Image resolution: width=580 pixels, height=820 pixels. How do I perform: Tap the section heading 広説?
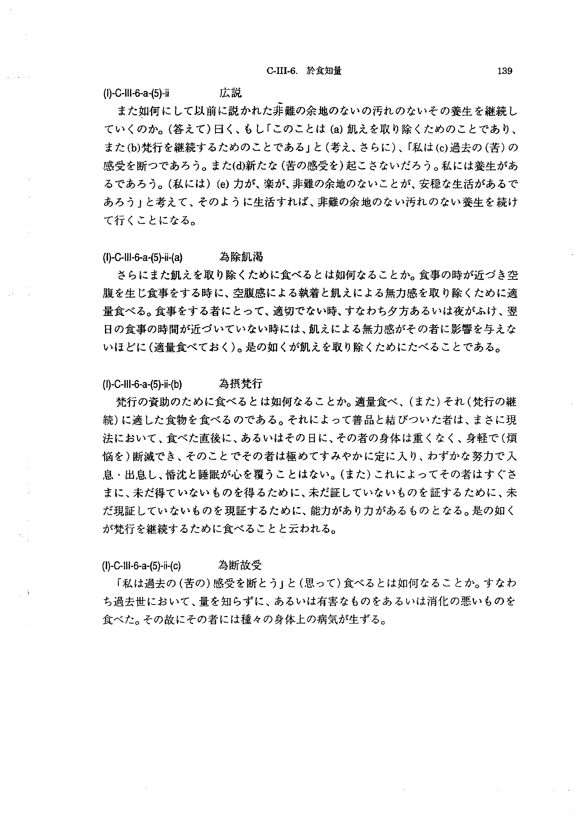pos(230,93)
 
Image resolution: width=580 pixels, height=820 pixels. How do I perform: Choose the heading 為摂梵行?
pos(240,384)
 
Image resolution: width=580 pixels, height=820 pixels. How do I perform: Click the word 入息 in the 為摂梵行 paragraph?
pos(507,457)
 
